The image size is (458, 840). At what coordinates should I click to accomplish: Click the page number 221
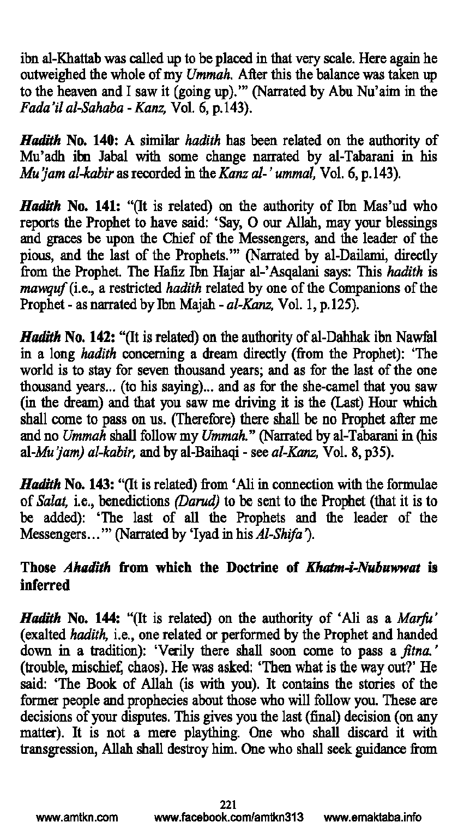coord(228,803)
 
